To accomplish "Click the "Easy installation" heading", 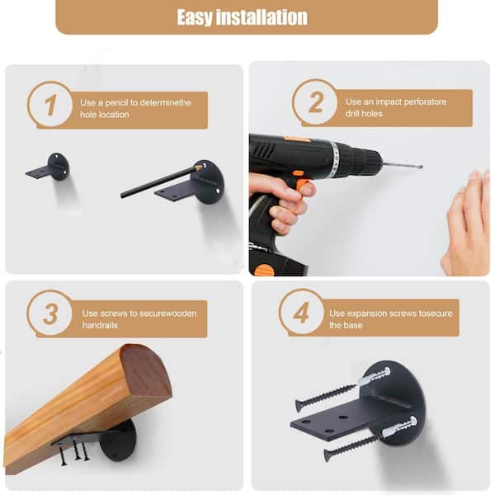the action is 242,17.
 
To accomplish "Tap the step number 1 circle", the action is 49,105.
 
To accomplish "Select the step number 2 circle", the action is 315,102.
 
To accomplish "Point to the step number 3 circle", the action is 49,313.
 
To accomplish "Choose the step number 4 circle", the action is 301,313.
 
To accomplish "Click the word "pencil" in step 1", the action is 116,102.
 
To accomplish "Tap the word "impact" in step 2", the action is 389,102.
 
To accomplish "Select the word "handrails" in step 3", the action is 100,325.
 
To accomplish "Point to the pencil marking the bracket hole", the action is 161,181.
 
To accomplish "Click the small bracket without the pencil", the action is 48,167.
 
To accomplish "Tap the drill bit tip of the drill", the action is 422,167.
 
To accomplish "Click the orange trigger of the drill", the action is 303,186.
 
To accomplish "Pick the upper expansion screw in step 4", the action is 343,389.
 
